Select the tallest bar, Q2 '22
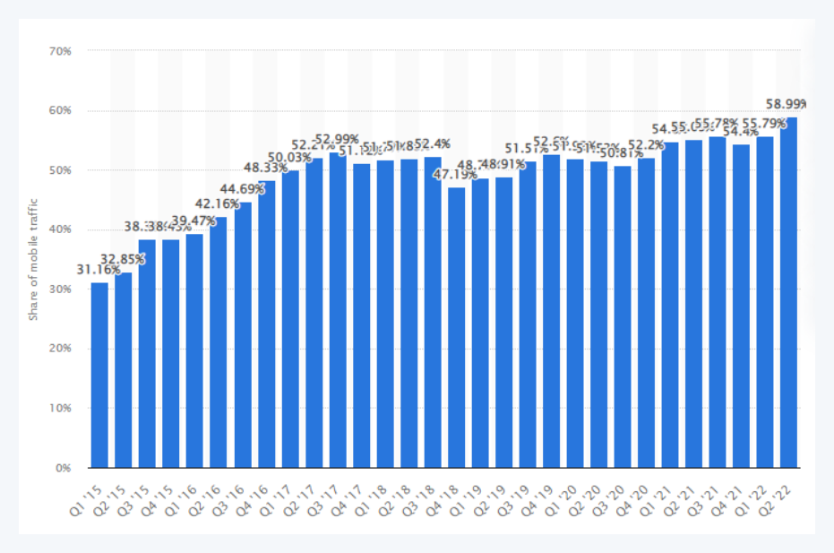(x=788, y=292)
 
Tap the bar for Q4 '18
(x=456, y=327)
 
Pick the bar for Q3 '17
(x=338, y=310)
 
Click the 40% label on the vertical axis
(x=60, y=229)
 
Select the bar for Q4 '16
(x=266, y=324)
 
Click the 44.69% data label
(x=242, y=189)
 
